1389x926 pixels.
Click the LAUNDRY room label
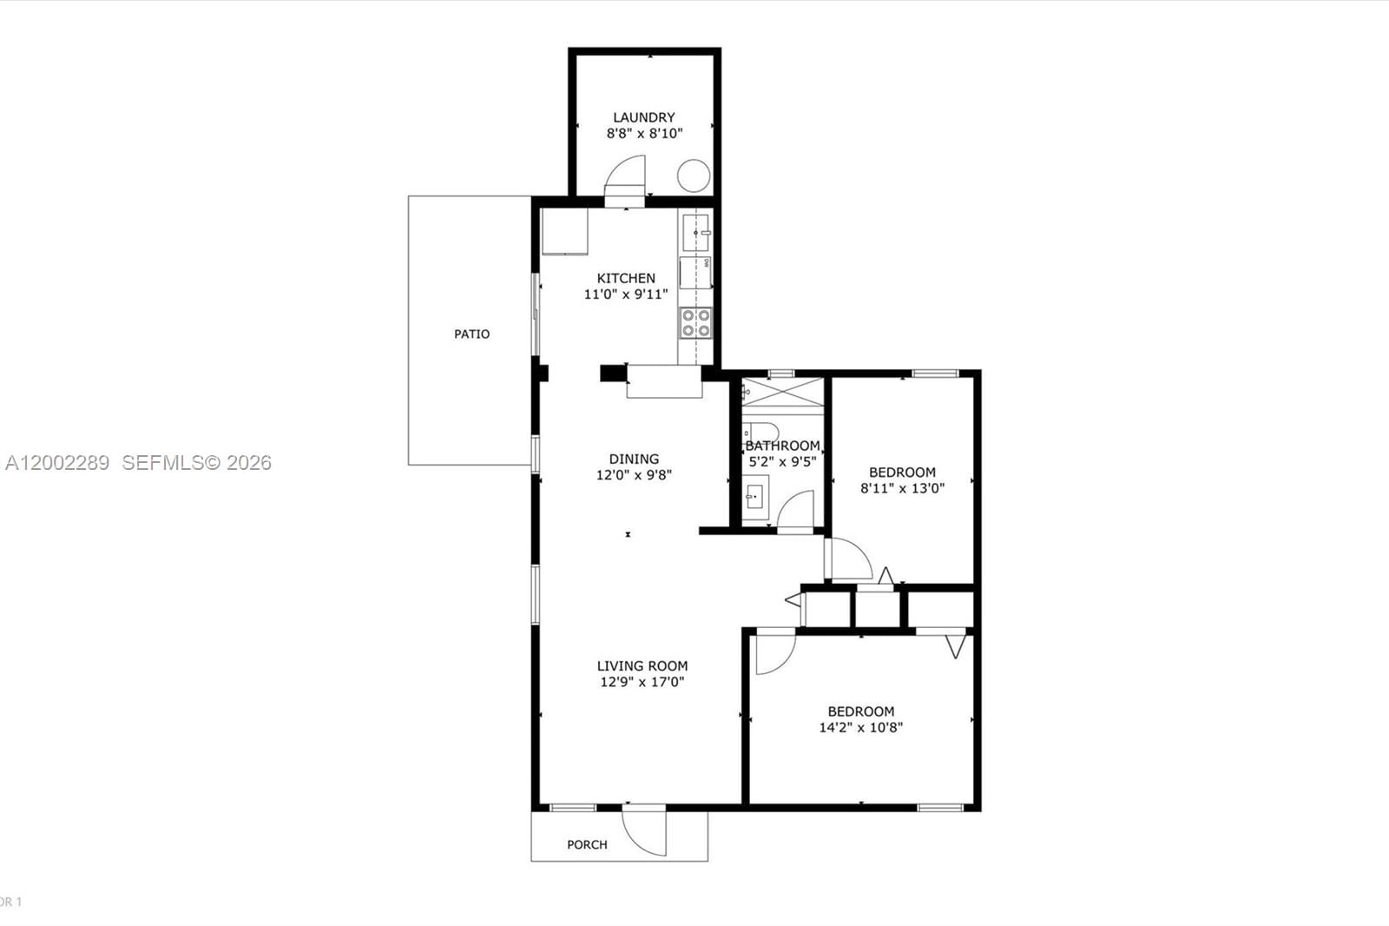643,117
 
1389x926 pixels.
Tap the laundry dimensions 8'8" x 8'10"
644,134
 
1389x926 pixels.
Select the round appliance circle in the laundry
694,176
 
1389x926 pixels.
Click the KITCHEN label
626,278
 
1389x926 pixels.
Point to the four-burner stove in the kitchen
695,322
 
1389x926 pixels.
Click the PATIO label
471,334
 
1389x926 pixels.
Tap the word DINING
634,459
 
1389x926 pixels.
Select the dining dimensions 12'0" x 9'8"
634,475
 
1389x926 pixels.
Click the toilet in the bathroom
761,431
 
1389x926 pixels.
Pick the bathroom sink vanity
754,498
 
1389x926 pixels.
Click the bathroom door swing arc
796,510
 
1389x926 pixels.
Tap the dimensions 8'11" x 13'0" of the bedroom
902,488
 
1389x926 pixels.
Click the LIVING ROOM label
642,666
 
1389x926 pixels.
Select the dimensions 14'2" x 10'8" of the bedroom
860,728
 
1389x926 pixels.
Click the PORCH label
587,844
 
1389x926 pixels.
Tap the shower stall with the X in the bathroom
782,393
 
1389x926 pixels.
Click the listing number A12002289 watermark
57,463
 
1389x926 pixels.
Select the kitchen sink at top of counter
695,233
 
